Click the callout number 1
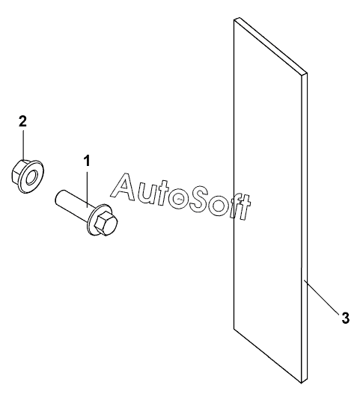pyautogui.click(x=87, y=161)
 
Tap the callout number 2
pyautogui.click(x=22, y=121)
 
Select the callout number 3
pyautogui.click(x=346, y=318)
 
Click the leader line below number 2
pyautogui.click(x=24, y=144)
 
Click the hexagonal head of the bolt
pyautogui.click(x=106, y=223)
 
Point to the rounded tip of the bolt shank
pyautogui.click(x=58, y=197)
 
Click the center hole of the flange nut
pyautogui.click(x=32, y=176)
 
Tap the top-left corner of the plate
pyautogui.click(x=234, y=19)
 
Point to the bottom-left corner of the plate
pyautogui.click(x=234, y=329)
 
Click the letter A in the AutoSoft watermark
pyautogui.click(x=125, y=187)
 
